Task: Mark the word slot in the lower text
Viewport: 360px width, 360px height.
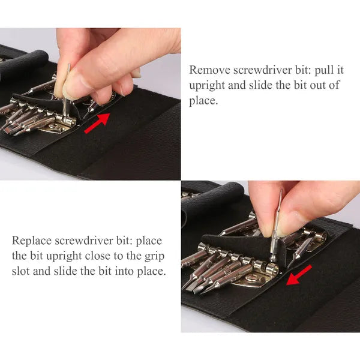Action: [x=21, y=272]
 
